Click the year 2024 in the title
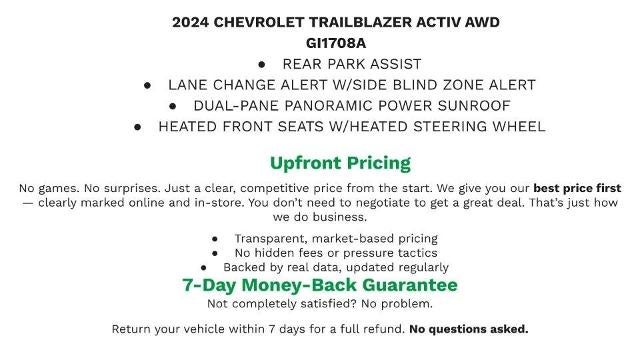(192, 22)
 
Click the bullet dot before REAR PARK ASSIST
(261, 64)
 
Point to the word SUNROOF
(474, 105)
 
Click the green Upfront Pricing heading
(340, 163)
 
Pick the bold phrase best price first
(577, 188)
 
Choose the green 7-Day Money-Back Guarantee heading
(320, 285)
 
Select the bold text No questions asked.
(468, 329)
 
